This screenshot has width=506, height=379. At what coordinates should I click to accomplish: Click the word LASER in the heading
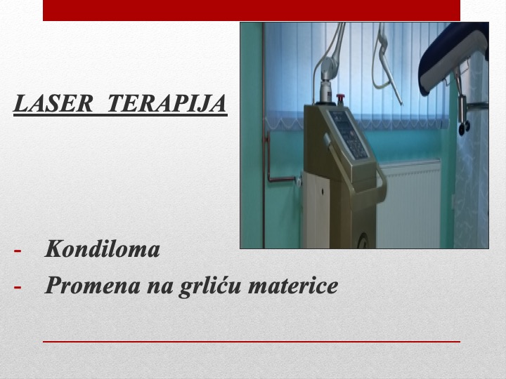53,103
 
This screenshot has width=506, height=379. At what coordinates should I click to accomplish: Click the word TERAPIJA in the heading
167,103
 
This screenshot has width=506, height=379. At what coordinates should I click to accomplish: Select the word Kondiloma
103,249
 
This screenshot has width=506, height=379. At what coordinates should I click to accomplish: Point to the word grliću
209,286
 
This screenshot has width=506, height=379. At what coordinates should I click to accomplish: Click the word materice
293,286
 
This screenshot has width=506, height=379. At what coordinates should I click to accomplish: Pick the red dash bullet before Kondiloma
18,251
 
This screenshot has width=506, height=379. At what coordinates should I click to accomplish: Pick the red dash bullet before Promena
18,286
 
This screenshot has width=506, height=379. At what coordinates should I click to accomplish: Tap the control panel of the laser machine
349,134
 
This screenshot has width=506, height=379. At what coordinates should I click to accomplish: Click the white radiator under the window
408,203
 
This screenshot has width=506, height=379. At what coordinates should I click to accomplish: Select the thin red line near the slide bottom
252,342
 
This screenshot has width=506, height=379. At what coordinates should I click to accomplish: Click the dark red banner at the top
252,11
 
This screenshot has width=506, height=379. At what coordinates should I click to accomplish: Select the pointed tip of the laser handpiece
401,103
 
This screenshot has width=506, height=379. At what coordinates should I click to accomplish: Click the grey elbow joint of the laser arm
328,66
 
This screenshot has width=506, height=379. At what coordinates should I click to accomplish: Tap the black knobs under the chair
464,128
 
